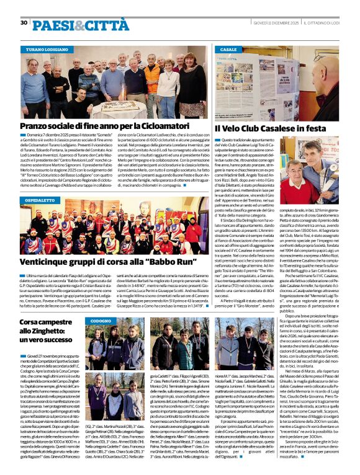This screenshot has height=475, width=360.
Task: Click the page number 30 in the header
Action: pyautogui.click(x=24, y=23)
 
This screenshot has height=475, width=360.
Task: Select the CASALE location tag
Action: pyautogui.click(x=228, y=48)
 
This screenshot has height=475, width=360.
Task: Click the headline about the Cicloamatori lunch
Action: pyautogui.click(x=104, y=127)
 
